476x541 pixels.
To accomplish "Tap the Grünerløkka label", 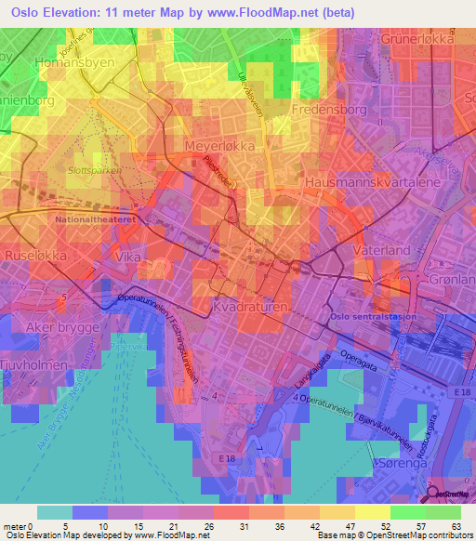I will (427, 41).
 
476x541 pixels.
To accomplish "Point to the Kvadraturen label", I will (253, 305).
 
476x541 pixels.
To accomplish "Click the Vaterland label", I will (381, 251).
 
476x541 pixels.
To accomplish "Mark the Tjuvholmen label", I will (34, 365).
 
